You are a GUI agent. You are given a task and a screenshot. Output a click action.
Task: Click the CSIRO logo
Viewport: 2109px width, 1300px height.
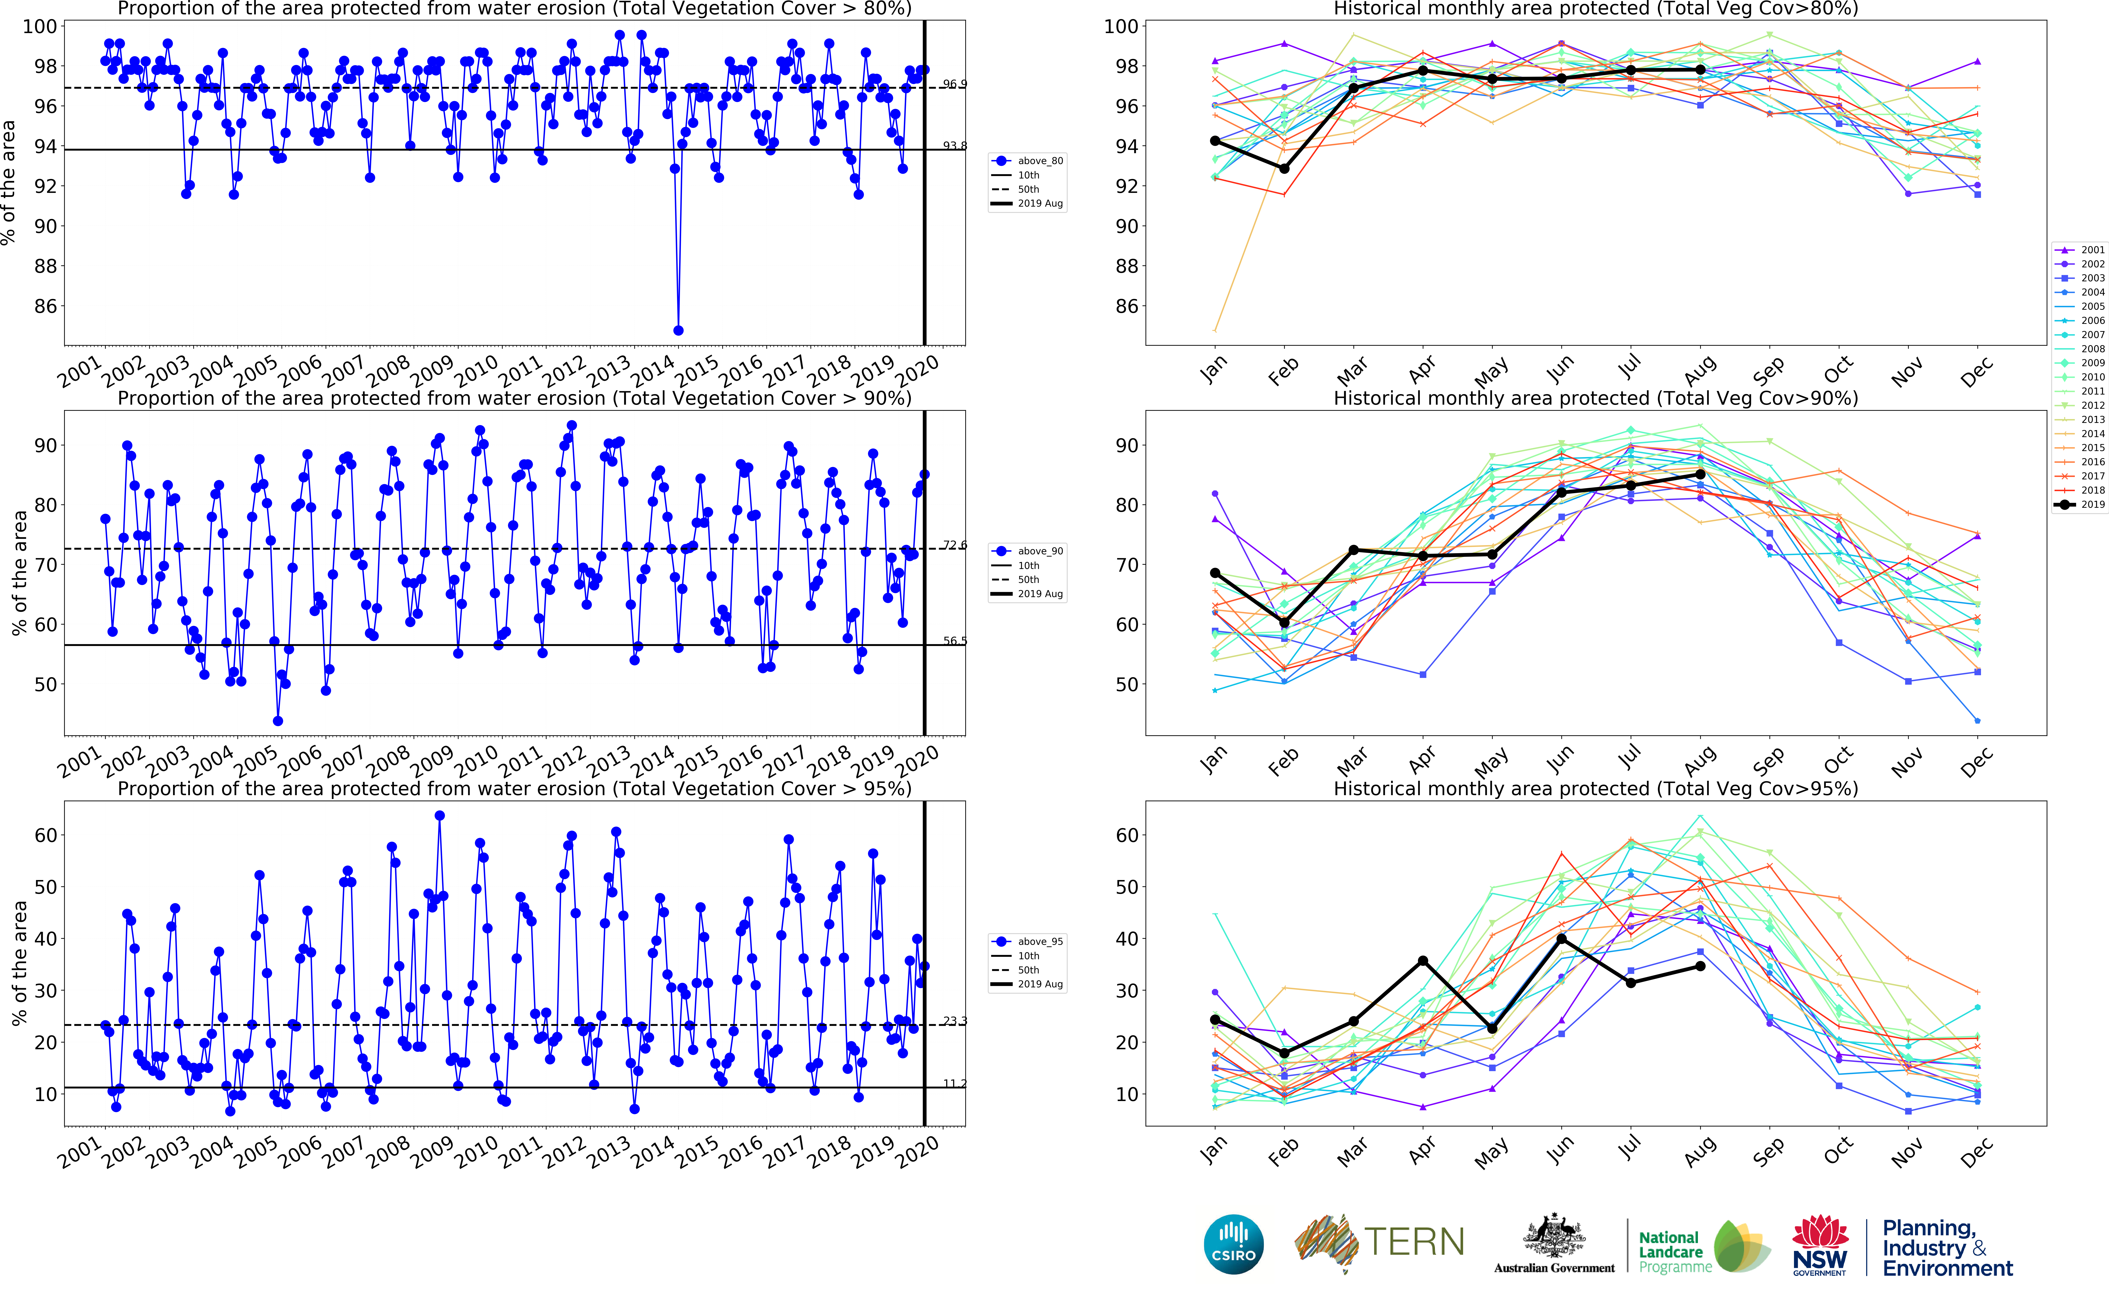pos(1233,1244)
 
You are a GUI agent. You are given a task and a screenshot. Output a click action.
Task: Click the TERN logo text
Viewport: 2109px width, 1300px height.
pos(1414,1241)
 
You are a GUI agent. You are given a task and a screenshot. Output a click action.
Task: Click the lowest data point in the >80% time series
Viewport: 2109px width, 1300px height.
pos(678,330)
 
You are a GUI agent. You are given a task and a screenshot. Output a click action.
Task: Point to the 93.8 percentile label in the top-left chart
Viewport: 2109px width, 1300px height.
pos(954,146)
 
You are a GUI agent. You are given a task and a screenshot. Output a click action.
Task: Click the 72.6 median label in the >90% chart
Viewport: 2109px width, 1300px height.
pos(954,545)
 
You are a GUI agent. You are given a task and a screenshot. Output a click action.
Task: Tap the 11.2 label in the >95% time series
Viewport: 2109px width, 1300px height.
pos(954,1083)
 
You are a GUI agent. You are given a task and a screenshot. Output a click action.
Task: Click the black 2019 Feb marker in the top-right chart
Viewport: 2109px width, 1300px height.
pos(1284,169)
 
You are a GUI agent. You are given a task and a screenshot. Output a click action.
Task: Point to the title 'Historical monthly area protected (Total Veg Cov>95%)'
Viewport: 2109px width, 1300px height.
pos(1595,788)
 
